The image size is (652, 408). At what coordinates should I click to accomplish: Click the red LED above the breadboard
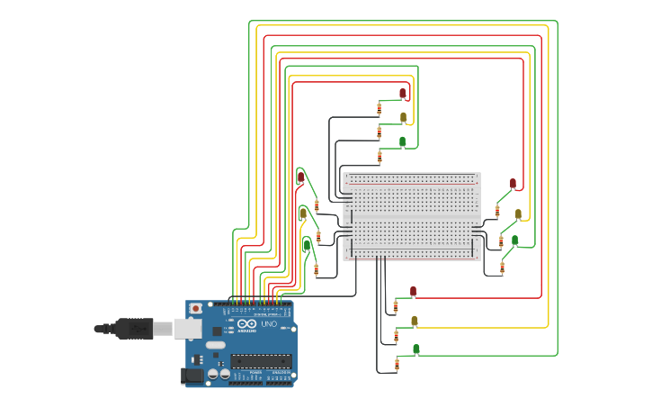[x=402, y=93]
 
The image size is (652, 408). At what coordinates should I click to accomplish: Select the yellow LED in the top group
[x=403, y=117]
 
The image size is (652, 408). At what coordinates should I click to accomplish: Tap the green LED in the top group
[x=402, y=141]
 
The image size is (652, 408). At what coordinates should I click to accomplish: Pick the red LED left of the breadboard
[x=300, y=177]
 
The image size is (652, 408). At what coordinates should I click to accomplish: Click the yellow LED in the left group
[x=303, y=213]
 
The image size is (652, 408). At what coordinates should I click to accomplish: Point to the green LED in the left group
[x=307, y=244]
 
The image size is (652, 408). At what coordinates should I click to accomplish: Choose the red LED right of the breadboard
[x=513, y=183]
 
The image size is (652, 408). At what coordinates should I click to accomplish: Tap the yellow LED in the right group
[x=518, y=214]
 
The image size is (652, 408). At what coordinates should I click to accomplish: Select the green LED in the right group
[x=514, y=240]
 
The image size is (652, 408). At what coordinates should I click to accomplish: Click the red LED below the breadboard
[x=413, y=291]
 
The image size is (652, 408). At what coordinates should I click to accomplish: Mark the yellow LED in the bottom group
[x=414, y=321]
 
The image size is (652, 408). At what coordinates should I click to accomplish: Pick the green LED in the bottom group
[x=415, y=349]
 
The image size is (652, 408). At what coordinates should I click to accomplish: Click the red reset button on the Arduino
[x=195, y=308]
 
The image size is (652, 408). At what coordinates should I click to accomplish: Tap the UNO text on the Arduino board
[x=268, y=324]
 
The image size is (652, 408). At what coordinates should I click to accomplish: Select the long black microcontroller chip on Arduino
[x=260, y=360]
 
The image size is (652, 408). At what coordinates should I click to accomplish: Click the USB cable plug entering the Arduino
[x=135, y=329]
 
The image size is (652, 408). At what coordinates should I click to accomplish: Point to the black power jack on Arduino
[x=192, y=376]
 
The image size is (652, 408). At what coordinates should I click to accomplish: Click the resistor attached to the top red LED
[x=379, y=108]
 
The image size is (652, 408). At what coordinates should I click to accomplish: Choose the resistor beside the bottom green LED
[x=397, y=364]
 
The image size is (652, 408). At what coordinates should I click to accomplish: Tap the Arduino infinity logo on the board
[x=247, y=323]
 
